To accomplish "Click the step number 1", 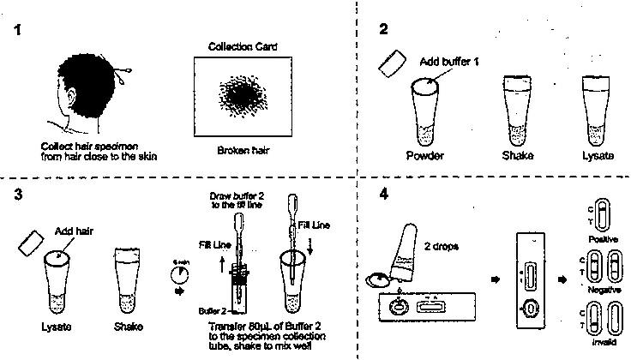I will point(18,32).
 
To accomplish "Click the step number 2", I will point(385,29).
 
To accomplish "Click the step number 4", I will point(385,193).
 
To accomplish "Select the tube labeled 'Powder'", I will point(426,111).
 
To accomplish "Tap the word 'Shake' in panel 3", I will point(129,327).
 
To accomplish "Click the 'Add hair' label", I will point(73,231).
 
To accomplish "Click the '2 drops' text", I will point(442,246).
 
